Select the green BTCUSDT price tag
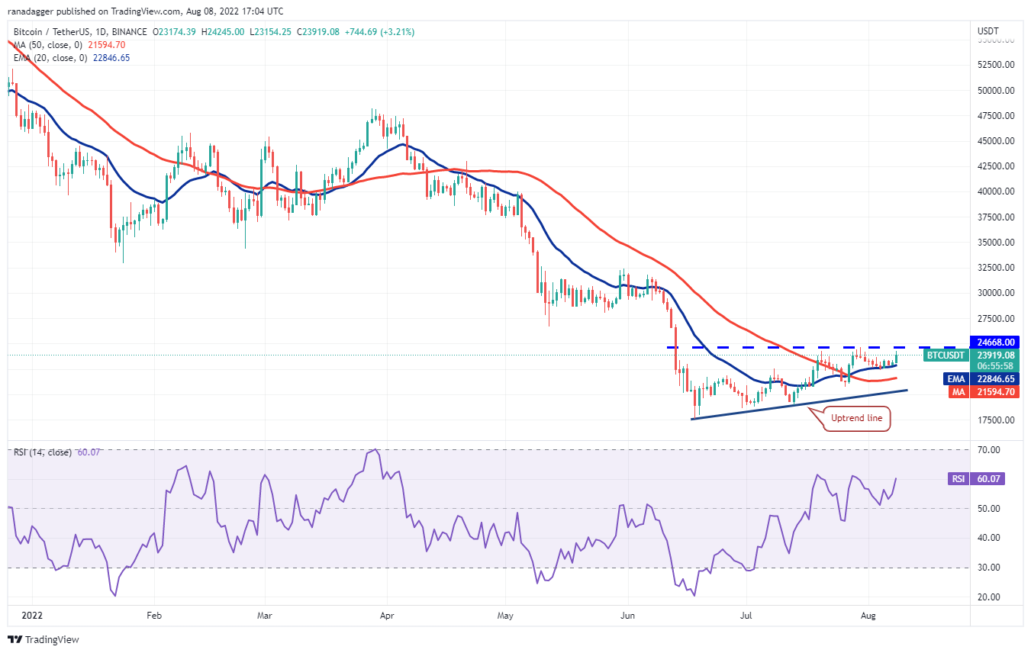pos(946,355)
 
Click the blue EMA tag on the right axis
pos(955,378)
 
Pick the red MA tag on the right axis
pos(955,391)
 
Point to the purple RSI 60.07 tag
pos(957,479)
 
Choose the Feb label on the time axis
pos(154,614)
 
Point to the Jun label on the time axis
pos(627,614)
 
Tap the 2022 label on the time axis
pos(32,614)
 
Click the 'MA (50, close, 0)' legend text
pos(47,45)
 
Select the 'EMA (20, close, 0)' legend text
pos(50,57)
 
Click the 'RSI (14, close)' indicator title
pos(43,452)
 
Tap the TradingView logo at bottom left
pos(44,639)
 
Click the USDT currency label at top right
pos(988,31)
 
